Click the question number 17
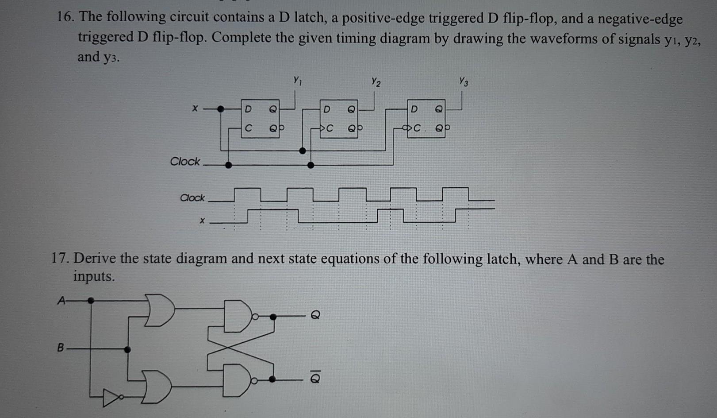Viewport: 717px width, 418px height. click(x=61, y=258)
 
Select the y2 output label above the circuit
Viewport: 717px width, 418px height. click(x=376, y=82)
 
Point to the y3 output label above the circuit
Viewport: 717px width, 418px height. click(x=463, y=82)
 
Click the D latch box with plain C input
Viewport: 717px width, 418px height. click(x=260, y=118)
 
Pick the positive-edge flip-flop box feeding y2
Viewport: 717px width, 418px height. click(x=338, y=119)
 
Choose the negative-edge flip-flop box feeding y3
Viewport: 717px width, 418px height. click(x=426, y=119)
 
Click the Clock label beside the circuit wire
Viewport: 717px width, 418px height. click(x=185, y=162)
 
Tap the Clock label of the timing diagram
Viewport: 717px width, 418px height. click(x=192, y=198)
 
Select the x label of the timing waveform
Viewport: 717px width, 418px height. click(x=202, y=220)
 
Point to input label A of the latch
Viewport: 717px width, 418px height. click(x=61, y=301)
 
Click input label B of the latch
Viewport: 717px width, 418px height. click(x=61, y=347)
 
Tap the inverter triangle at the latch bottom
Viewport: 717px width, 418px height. click(x=111, y=398)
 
